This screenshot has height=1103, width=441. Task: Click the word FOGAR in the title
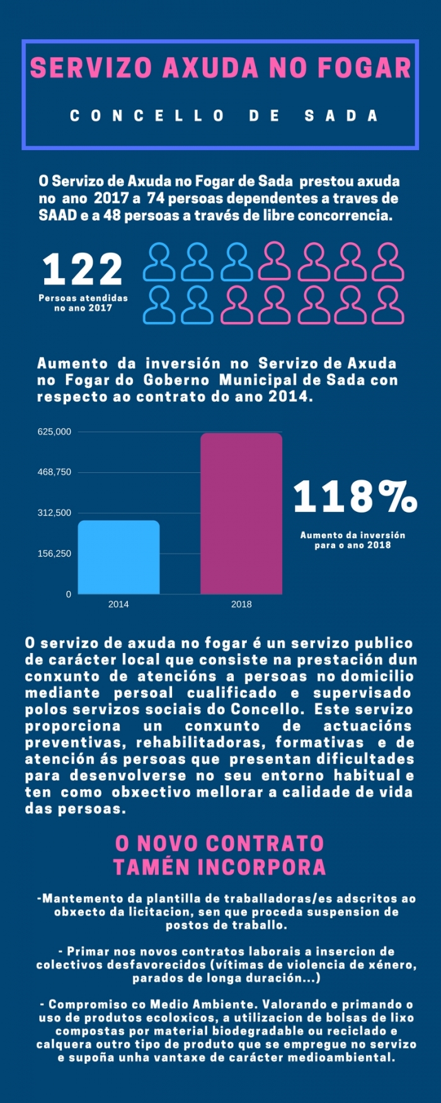364,68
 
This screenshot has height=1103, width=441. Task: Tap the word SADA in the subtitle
341,116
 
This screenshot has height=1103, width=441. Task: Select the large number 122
83,269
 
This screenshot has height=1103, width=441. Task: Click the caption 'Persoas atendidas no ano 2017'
83,303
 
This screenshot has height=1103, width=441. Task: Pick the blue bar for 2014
118,557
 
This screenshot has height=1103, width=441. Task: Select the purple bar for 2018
241,513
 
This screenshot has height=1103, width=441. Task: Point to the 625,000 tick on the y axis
54,432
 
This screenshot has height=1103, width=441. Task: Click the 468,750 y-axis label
54,472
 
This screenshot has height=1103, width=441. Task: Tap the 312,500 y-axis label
54,513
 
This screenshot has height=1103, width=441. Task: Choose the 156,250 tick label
54,553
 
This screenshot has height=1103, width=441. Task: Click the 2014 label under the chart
118,604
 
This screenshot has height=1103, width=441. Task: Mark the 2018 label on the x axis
241,604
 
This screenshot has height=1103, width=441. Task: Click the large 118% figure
355,496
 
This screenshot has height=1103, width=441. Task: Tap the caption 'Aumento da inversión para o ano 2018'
353,540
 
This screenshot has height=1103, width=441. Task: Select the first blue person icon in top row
159,262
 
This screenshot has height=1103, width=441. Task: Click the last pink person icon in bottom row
388,305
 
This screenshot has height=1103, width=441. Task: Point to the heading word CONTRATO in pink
265,843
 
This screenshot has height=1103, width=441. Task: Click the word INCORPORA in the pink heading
262,867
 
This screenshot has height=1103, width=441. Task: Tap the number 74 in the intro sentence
155,198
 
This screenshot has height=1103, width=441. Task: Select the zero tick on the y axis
69,594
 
